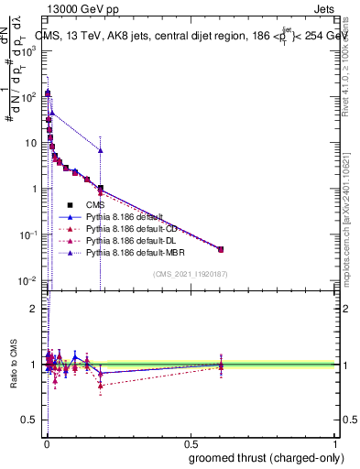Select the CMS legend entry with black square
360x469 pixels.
click(95, 204)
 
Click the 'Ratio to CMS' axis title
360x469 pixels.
click(13, 365)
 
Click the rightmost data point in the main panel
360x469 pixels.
click(220, 249)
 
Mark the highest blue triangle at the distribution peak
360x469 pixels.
click(47, 93)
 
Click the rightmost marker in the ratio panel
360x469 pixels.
click(220, 365)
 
